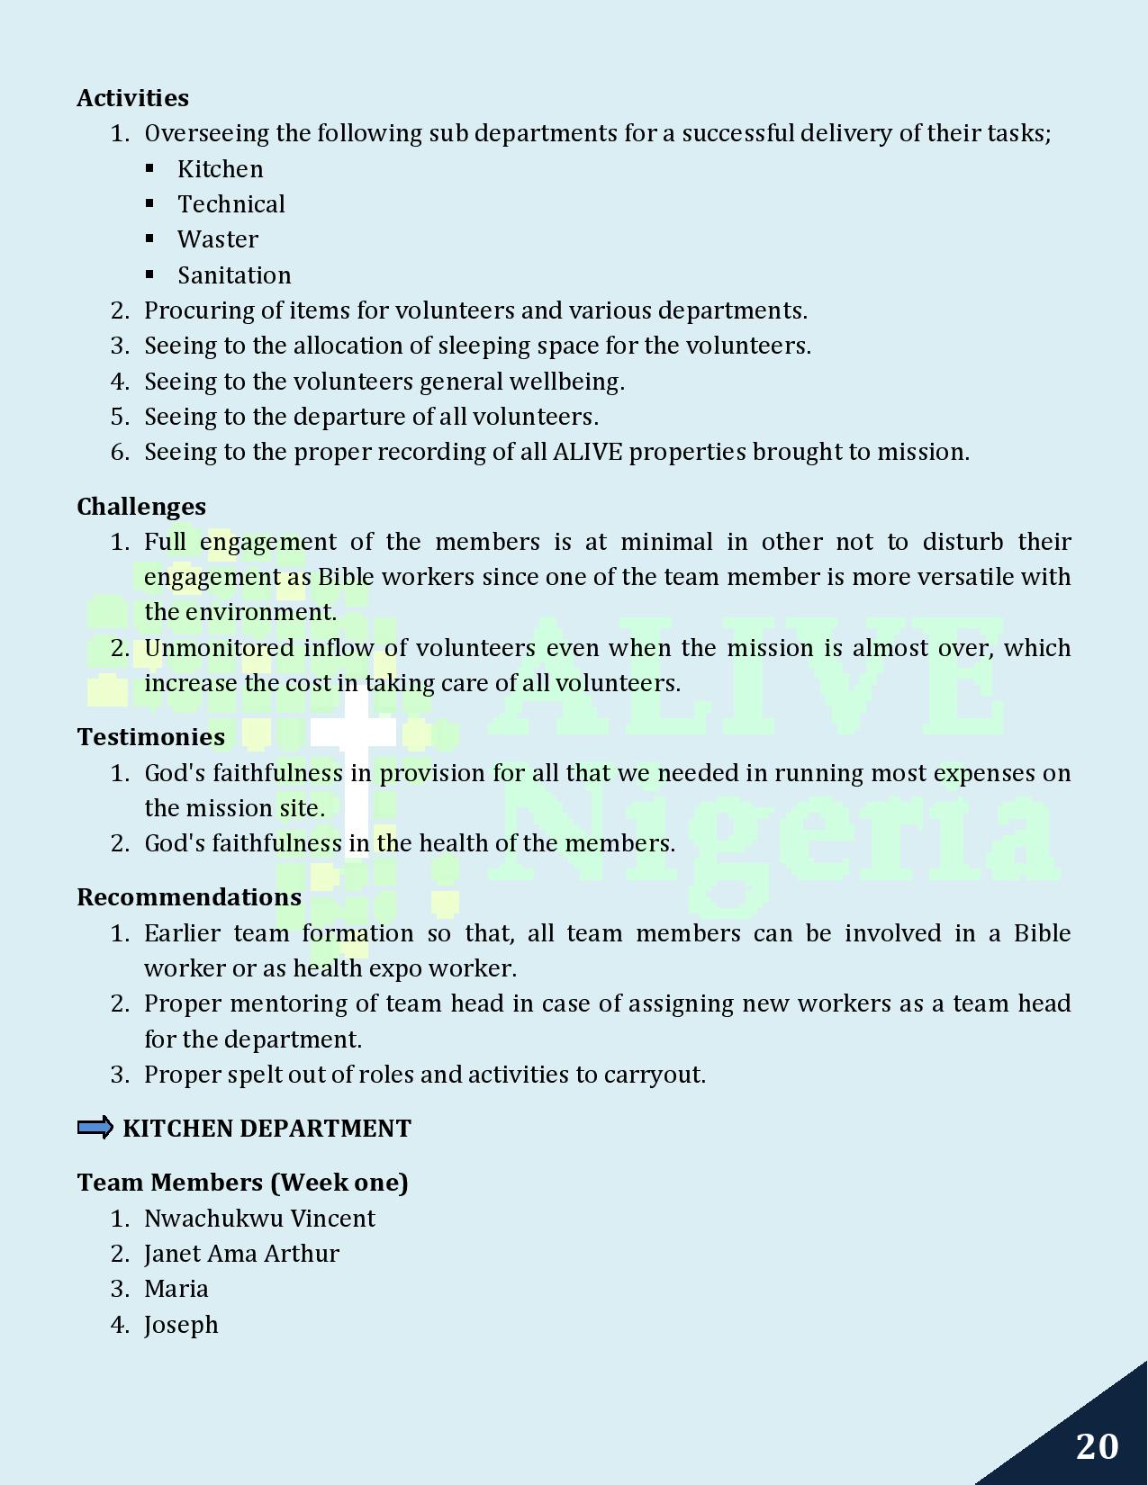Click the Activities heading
[132, 98]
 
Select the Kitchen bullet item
[220, 169]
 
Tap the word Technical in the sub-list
[231, 204]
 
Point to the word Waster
[217, 239]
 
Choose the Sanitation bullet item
[233, 275]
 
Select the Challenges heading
[141, 507]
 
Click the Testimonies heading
[150, 737]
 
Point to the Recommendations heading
[189, 897]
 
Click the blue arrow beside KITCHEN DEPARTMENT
[95, 1128]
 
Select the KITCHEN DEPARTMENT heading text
[267, 1129]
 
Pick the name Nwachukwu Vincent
[259, 1219]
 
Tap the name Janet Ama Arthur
[241, 1254]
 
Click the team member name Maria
[176, 1289]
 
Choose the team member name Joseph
[181, 1325]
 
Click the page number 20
[1097, 1446]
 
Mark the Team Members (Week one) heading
[242, 1183]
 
